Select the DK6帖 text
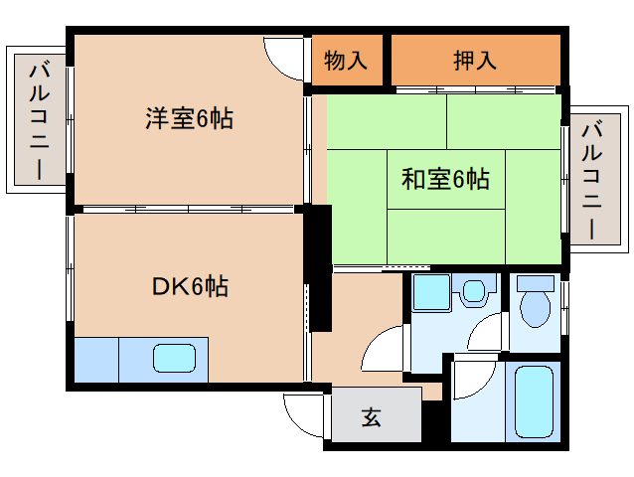(x=190, y=287)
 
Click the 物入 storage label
(x=347, y=61)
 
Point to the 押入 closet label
(x=474, y=61)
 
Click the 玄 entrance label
(x=371, y=418)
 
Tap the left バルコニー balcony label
(x=40, y=119)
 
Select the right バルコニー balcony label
(x=591, y=179)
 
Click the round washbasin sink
(x=476, y=292)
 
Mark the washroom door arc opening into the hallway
(x=381, y=351)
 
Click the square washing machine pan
(x=431, y=293)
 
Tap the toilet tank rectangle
(x=537, y=282)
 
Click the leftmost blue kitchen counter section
(x=95, y=359)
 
